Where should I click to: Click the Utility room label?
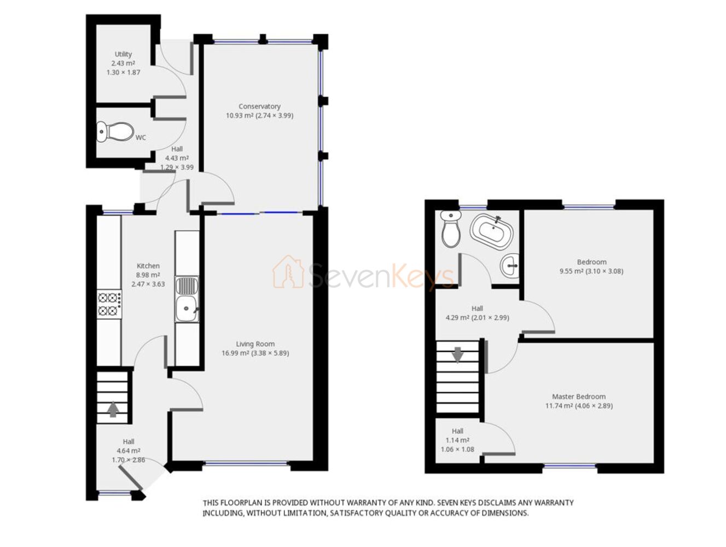click(x=123, y=54)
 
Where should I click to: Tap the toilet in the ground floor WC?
click(x=115, y=132)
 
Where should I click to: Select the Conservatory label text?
click(x=259, y=106)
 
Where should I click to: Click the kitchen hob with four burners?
click(x=109, y=304)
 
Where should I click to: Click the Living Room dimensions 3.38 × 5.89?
click(x=269, y=353)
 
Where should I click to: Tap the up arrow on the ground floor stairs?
click(x=113, y=409)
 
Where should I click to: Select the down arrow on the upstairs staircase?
click(x=457, y=355)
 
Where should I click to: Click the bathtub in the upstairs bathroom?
click(x=492, y=231)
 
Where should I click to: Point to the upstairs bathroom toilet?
click(x=451, y=229)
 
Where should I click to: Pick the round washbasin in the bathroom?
click(x=509, y=265)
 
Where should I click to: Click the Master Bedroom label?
click(x=578, y=397)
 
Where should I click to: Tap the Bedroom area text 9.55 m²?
click(x=567, y=271)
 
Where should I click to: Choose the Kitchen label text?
click(x=148, y=265)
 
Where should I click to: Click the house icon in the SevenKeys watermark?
click(x=288, y=271)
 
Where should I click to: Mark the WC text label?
click(x=141, y=138)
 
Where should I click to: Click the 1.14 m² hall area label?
click(x=457, y=440)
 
